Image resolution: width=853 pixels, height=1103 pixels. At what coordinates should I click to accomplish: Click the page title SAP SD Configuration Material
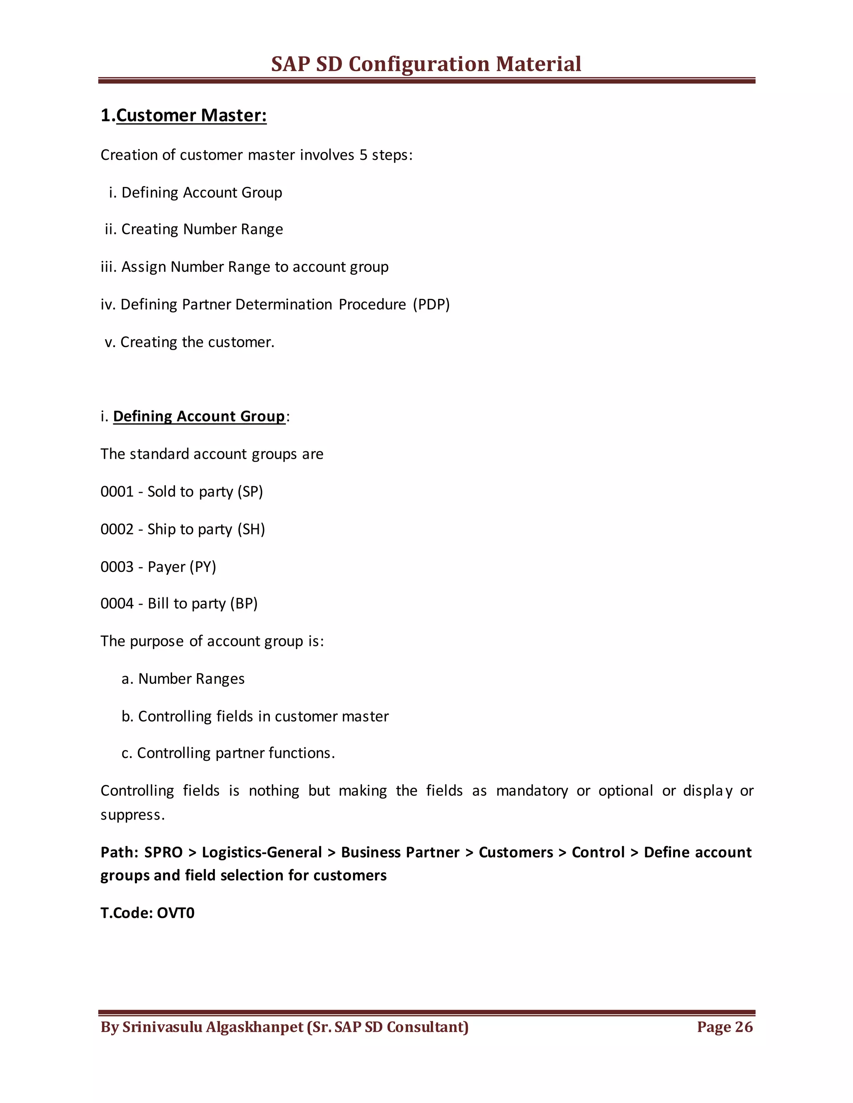coord(426,64)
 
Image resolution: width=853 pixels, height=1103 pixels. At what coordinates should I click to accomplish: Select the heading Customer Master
coord(191,116)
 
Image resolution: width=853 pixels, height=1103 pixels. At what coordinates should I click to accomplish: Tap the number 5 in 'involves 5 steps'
coord(363,155)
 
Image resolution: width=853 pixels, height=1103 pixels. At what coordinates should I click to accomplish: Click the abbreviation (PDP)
coord(431,305)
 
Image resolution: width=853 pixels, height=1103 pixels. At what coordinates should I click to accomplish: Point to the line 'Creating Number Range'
coord(194,229)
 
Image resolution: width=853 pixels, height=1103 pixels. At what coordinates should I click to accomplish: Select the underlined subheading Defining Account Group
coord(199,416)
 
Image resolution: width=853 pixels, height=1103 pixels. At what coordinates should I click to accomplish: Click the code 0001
coord(117,492)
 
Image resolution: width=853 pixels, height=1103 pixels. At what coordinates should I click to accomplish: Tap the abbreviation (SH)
coord(251,529)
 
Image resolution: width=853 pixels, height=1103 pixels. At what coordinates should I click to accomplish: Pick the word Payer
coord(166,566)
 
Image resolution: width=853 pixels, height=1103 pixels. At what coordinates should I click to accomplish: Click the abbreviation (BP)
coord(244,604)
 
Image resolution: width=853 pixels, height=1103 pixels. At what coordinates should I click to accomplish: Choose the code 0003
coord(117,566)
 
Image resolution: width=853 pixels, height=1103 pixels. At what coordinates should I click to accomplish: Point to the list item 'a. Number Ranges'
coord(183,679)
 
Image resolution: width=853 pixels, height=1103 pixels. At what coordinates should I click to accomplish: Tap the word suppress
coord(132,815)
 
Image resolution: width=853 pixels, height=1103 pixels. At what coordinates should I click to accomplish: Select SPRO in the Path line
coord(163,852)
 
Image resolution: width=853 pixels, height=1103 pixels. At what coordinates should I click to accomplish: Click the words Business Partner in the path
coord(400,852)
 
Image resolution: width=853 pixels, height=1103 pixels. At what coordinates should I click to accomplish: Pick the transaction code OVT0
coord(175,913)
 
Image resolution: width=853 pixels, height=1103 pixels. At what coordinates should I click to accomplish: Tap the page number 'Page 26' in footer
coord(724,1027)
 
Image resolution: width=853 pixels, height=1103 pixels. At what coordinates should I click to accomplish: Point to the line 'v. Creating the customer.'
coord(190,343)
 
